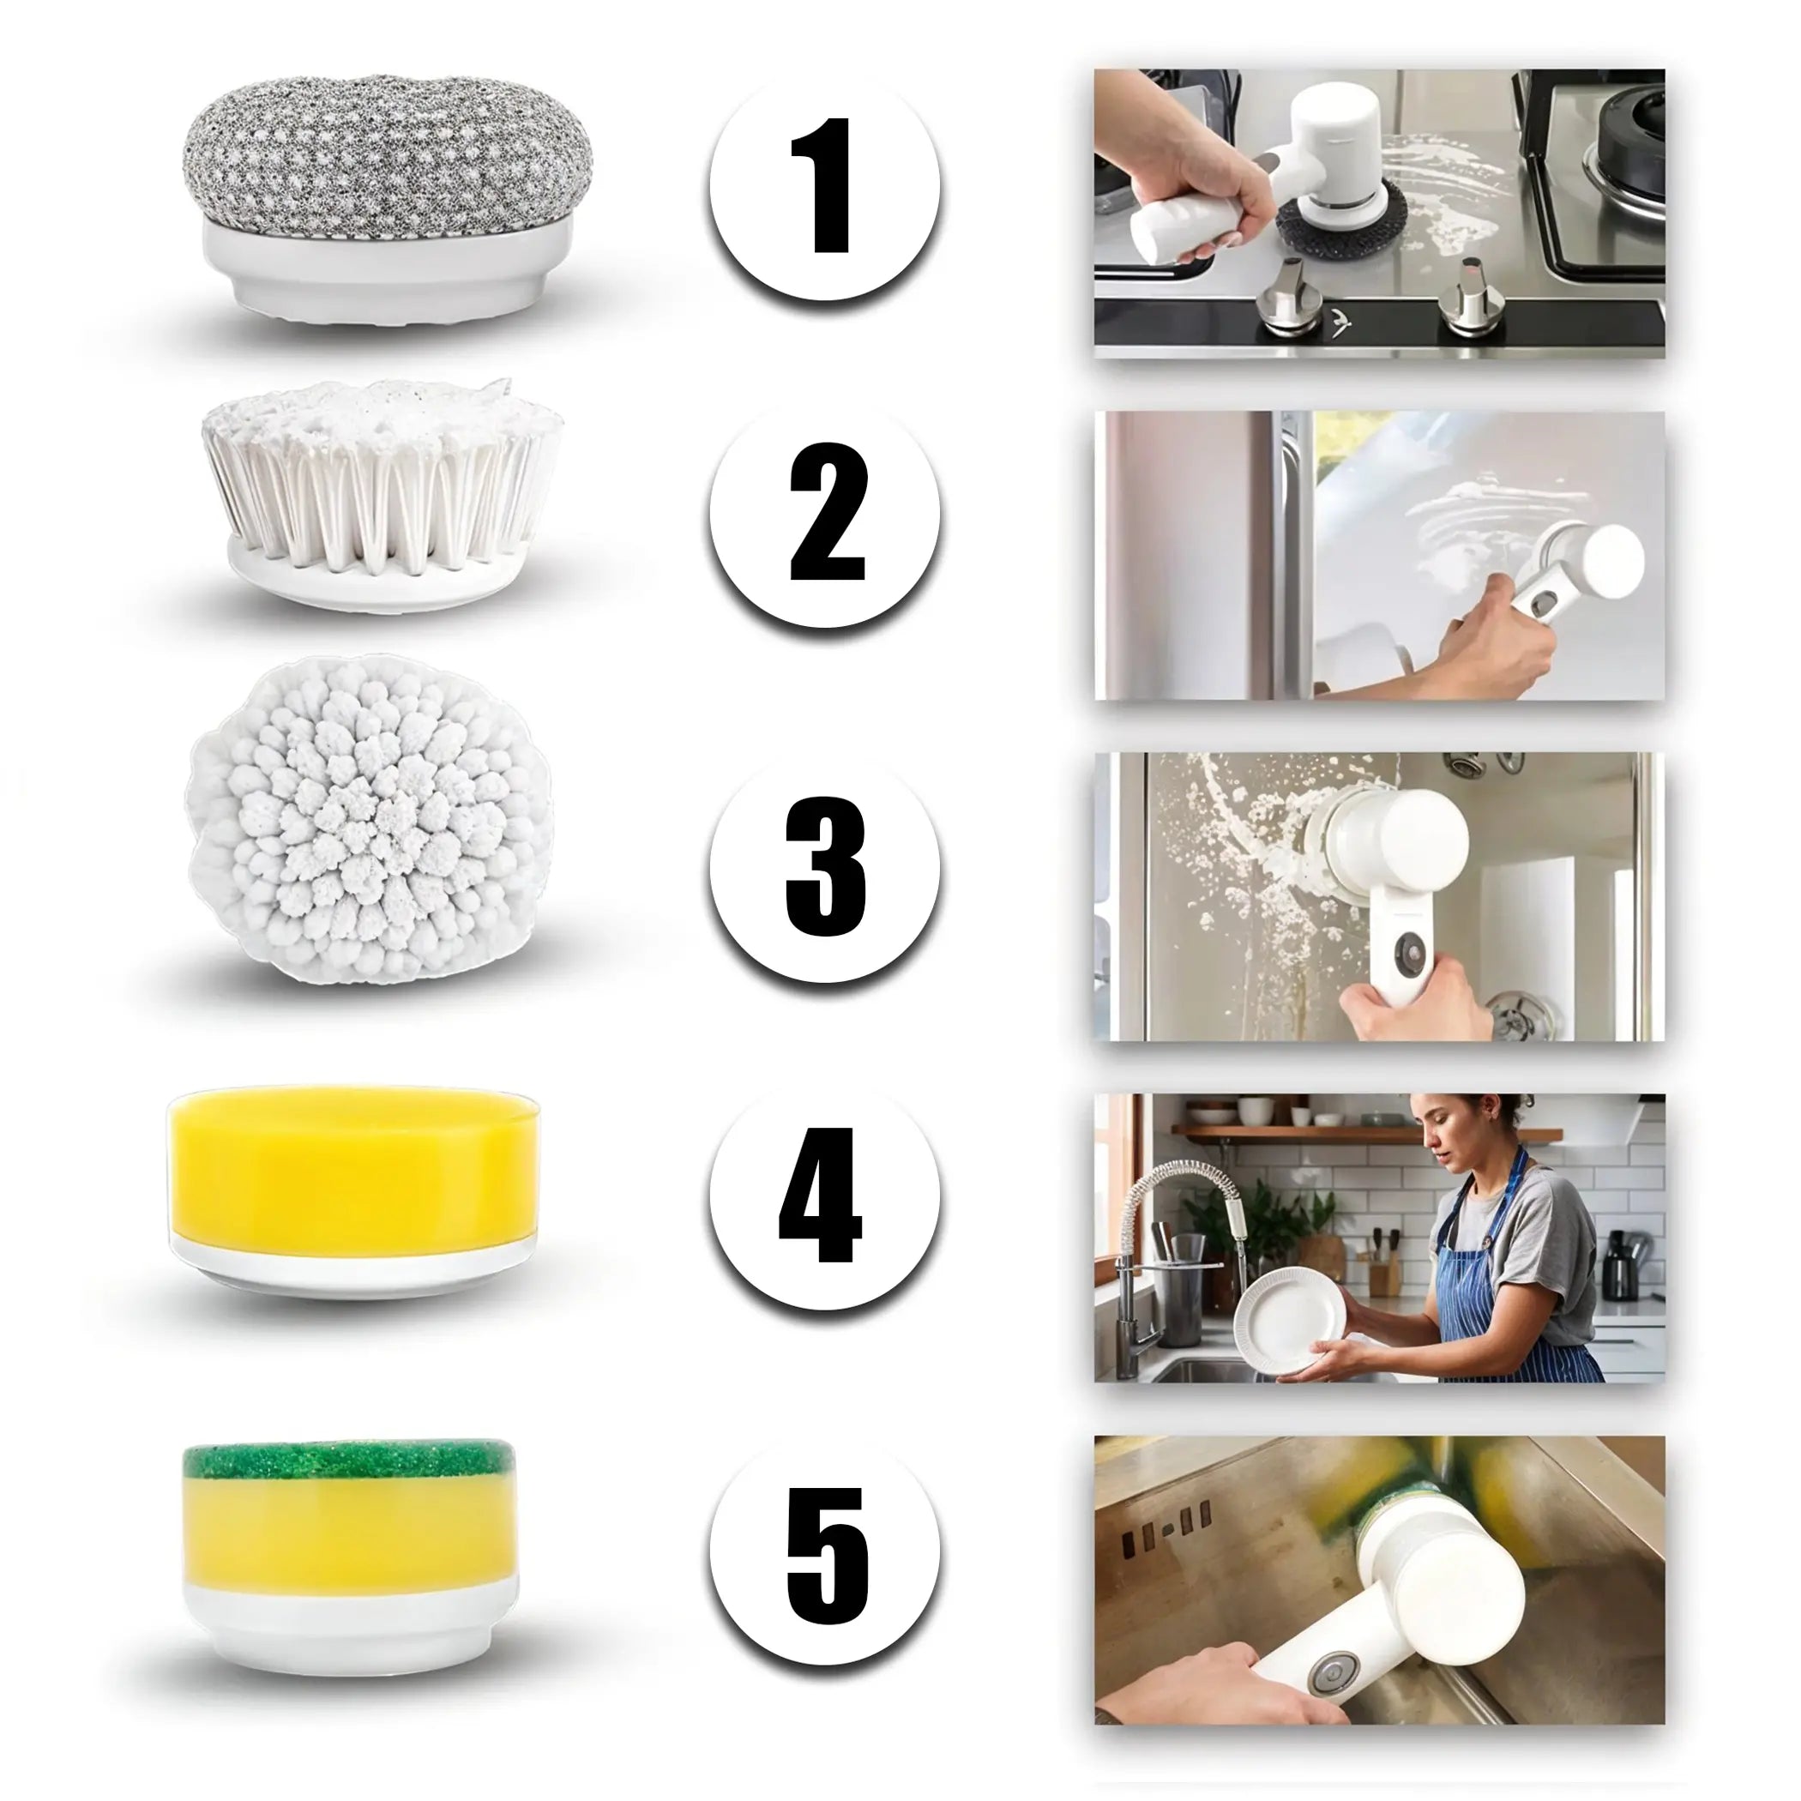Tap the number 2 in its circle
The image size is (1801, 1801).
[828, 512]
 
